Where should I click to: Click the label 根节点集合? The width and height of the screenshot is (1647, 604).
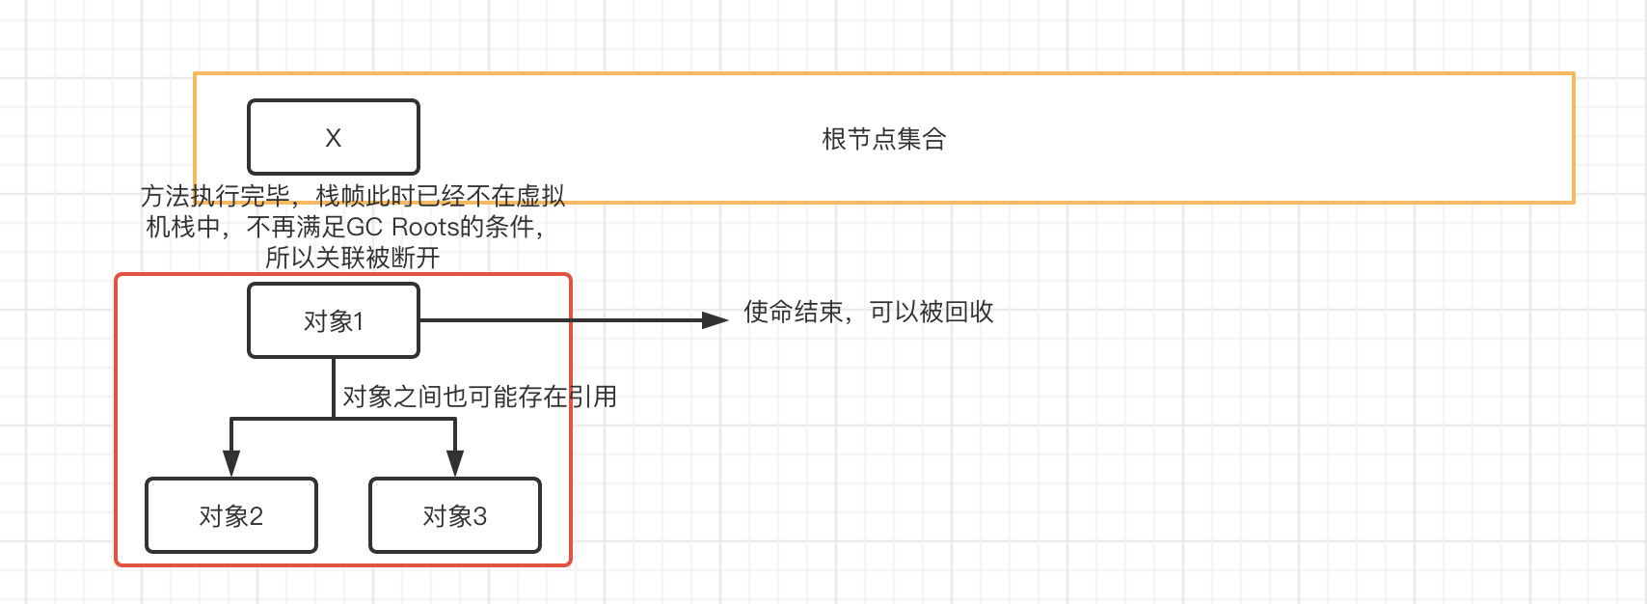[x=883, y=139]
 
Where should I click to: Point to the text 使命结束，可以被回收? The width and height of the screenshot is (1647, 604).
[x=868, y=312]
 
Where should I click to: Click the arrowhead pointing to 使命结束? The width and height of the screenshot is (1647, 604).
[x=715, y=320]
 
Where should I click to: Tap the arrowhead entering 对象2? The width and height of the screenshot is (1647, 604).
[x=230, y=464]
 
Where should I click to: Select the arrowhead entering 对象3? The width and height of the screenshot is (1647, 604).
[x=455, y=464]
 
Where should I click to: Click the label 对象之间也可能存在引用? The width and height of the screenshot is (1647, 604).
[x=479, y=397]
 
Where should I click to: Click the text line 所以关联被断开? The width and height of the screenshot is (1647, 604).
[x=352, y=258]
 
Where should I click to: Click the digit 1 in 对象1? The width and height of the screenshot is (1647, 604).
[x=358, y=321]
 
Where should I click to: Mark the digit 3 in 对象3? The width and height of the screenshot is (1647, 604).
[x=479, y=517]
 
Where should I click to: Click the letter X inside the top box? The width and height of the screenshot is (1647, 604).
[x=333, y=138]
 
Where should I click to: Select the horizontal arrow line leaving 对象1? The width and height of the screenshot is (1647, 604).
[x=559, y=320]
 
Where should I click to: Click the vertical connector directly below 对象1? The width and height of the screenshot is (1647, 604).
[x=334, y=386]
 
